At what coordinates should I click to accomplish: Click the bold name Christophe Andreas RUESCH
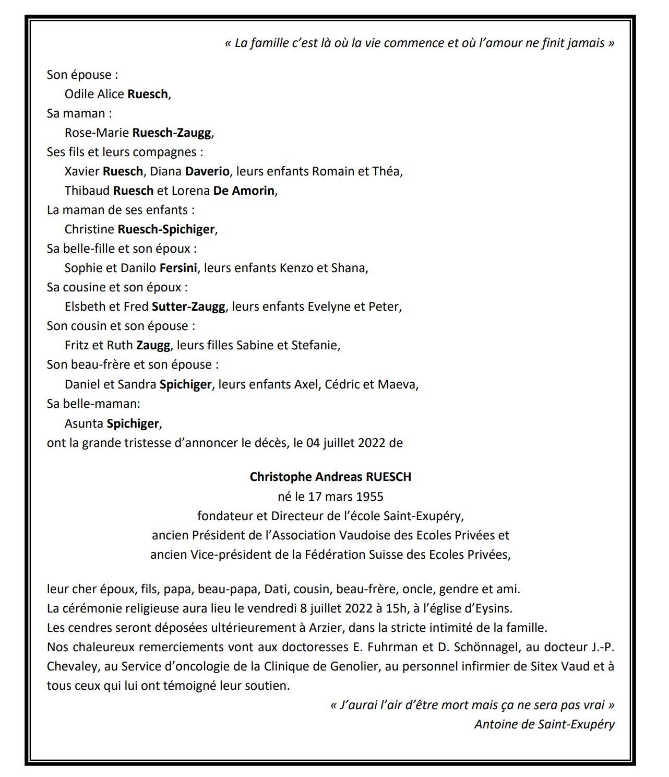330,477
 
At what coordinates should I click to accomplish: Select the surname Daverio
207,171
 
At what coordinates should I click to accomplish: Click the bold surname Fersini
178,268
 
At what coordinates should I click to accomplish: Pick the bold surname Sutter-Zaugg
188,307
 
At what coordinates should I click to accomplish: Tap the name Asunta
83,423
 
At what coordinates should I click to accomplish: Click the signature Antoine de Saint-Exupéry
544,724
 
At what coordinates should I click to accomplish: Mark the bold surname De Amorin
244,191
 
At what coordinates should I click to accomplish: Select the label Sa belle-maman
93,404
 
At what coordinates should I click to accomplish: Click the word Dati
276,589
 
